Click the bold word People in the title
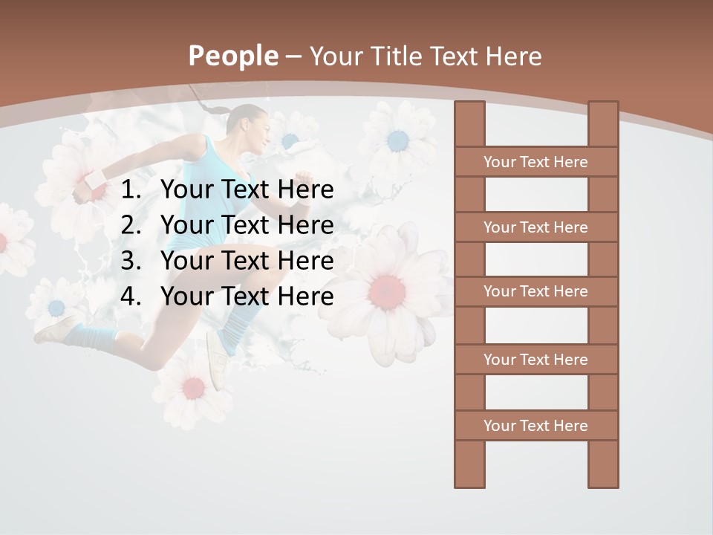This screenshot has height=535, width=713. pos(232,56)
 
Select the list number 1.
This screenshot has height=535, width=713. pos(130,190)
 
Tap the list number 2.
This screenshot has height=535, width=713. pos(130,225)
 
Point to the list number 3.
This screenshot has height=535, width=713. pos(130,261)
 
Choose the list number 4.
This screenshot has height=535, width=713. pos(130,296)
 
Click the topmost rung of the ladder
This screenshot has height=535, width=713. pos(535,162)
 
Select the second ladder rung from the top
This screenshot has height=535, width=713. pos(535,227)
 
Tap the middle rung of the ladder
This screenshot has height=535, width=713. pos(535,291)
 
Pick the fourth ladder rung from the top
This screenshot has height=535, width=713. pos(535,360)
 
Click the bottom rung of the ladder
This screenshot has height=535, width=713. pos(535,426)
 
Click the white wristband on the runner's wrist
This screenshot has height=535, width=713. pos(94,181)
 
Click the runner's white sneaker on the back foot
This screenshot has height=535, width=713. pos(56,329)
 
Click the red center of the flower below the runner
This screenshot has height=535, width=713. pos(193,387)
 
